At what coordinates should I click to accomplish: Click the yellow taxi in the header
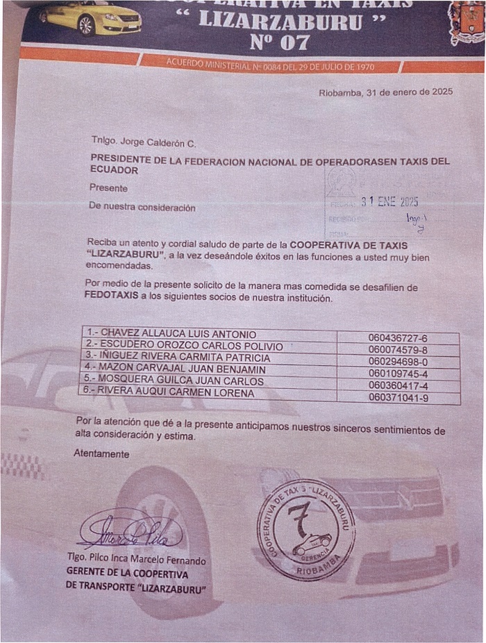tap(90, 18)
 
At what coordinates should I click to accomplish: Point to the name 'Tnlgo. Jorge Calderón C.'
tap(142, 142)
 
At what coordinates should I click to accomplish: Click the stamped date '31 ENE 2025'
tap(389, 202)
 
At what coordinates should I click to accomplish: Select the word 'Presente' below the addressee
tap(108, 187)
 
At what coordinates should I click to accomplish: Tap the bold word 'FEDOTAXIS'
tap(107, 295)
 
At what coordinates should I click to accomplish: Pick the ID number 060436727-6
tap(399, 338)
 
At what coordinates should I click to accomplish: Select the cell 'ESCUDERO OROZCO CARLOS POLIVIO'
tap(183, 346)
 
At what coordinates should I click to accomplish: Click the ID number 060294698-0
tap(399, 362)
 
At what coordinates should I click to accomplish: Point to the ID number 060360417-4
tap(399, 386)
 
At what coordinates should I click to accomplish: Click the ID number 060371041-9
tap(399, 399)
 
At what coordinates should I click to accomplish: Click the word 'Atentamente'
tap(101, 453)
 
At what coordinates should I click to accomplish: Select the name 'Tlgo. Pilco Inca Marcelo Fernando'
tap(136, 560)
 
